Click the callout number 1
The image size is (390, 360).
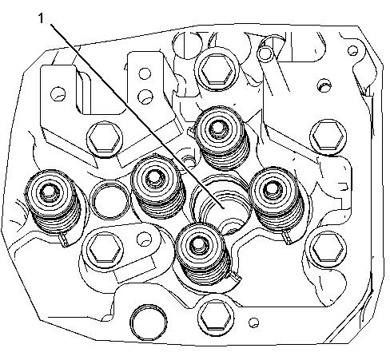point(41,18)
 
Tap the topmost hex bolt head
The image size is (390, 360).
point(216,69)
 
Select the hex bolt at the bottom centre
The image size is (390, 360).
point(216,316)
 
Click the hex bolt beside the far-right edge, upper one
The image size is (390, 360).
point(328,136)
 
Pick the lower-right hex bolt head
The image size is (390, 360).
point(326,247)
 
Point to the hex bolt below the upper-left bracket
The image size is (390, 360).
point(104,137)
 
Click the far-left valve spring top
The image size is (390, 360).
point(50,192)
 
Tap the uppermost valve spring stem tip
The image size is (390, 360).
point(219,129)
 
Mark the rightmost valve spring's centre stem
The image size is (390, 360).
point(271,189)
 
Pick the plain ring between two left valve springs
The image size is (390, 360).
point(109,200)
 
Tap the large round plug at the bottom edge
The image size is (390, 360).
point(148,322)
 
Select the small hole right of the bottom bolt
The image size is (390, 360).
point(253,322)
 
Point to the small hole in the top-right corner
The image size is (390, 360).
point(352,50)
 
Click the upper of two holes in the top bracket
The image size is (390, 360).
point(145,73)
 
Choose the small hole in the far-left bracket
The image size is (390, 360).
point(58,94)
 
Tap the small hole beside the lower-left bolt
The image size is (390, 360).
point(144,239)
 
